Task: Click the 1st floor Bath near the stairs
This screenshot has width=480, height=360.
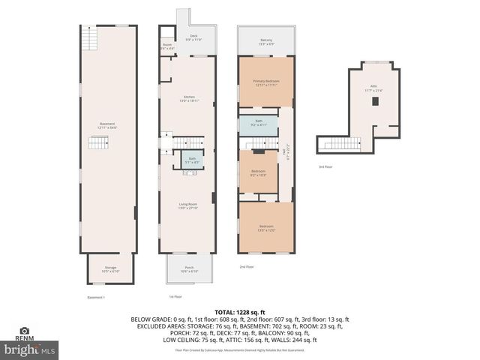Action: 192,159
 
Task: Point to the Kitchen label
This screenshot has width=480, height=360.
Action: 189,97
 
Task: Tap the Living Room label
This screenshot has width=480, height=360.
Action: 187,206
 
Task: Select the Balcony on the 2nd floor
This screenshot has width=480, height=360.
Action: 266,41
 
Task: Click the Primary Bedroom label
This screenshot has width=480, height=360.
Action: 265,82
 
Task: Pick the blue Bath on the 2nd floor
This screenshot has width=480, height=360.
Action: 258,123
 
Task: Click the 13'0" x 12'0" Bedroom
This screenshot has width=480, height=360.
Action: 266,227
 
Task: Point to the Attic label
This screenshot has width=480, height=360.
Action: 373,88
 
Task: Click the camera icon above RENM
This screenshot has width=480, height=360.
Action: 24,331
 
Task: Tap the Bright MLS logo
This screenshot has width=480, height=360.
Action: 30,349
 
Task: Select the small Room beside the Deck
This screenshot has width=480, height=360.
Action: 167,46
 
